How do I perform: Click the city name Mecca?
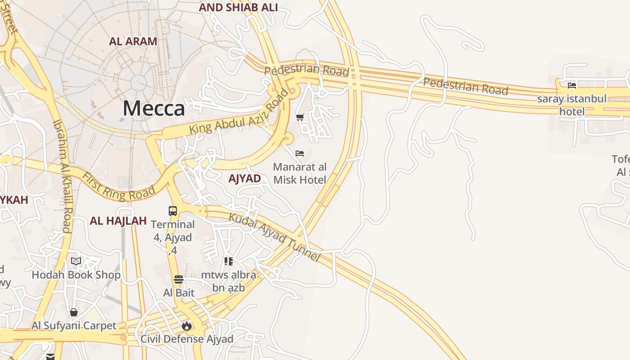coord(153,108)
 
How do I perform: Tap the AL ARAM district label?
coord(133,41)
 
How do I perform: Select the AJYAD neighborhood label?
coord(244,179)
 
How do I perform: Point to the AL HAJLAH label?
coord(118,221)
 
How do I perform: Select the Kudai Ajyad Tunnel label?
coord(274,237)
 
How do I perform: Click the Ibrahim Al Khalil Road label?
coord(63,175)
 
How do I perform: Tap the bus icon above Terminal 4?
coord(173,211)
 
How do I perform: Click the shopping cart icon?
coord(300,117)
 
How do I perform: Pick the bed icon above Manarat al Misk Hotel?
coord(300,153)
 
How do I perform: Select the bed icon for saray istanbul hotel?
coord(572,85)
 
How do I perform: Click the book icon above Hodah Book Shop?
coord(76,261)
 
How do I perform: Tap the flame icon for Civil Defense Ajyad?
coord(187,325)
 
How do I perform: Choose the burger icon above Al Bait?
coord(179,279)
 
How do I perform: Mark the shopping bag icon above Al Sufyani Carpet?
coord(74,312)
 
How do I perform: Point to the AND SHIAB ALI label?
coord(238,7)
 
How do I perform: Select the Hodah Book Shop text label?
coord(76,275)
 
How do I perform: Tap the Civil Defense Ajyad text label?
coord(187,339)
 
